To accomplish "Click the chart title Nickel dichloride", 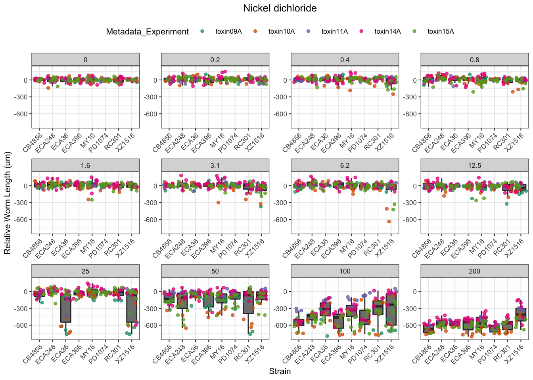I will [280, 8].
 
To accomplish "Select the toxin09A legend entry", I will [228, 32].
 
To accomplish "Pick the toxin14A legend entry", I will [387, 32].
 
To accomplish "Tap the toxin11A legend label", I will [334, 32].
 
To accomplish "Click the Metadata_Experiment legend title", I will [147, 32].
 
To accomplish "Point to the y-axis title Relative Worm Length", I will [7, 203].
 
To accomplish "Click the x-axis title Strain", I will [280, 371].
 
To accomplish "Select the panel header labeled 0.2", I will [215, 60].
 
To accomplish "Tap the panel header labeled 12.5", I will [474, 165].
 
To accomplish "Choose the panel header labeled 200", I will [474, 271].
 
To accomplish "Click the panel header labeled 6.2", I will [345, 165].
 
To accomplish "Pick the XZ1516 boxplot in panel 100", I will [391, 309].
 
